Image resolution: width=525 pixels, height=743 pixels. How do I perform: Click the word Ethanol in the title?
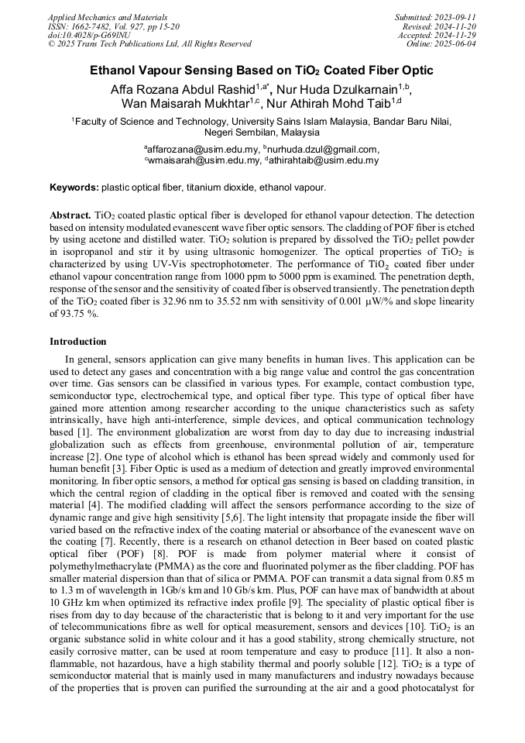[x=116, y=71]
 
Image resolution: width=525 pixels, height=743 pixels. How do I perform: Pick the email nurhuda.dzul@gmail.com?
[x=324, y=149]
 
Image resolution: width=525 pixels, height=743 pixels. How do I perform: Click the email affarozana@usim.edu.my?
[x=204, y=149]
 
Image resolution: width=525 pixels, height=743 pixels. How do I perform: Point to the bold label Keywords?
[x=74, y=187]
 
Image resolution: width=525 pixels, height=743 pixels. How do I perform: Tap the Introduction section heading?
[x=78, y=341]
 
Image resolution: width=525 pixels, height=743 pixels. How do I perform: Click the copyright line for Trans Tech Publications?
[x=149, y=44]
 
